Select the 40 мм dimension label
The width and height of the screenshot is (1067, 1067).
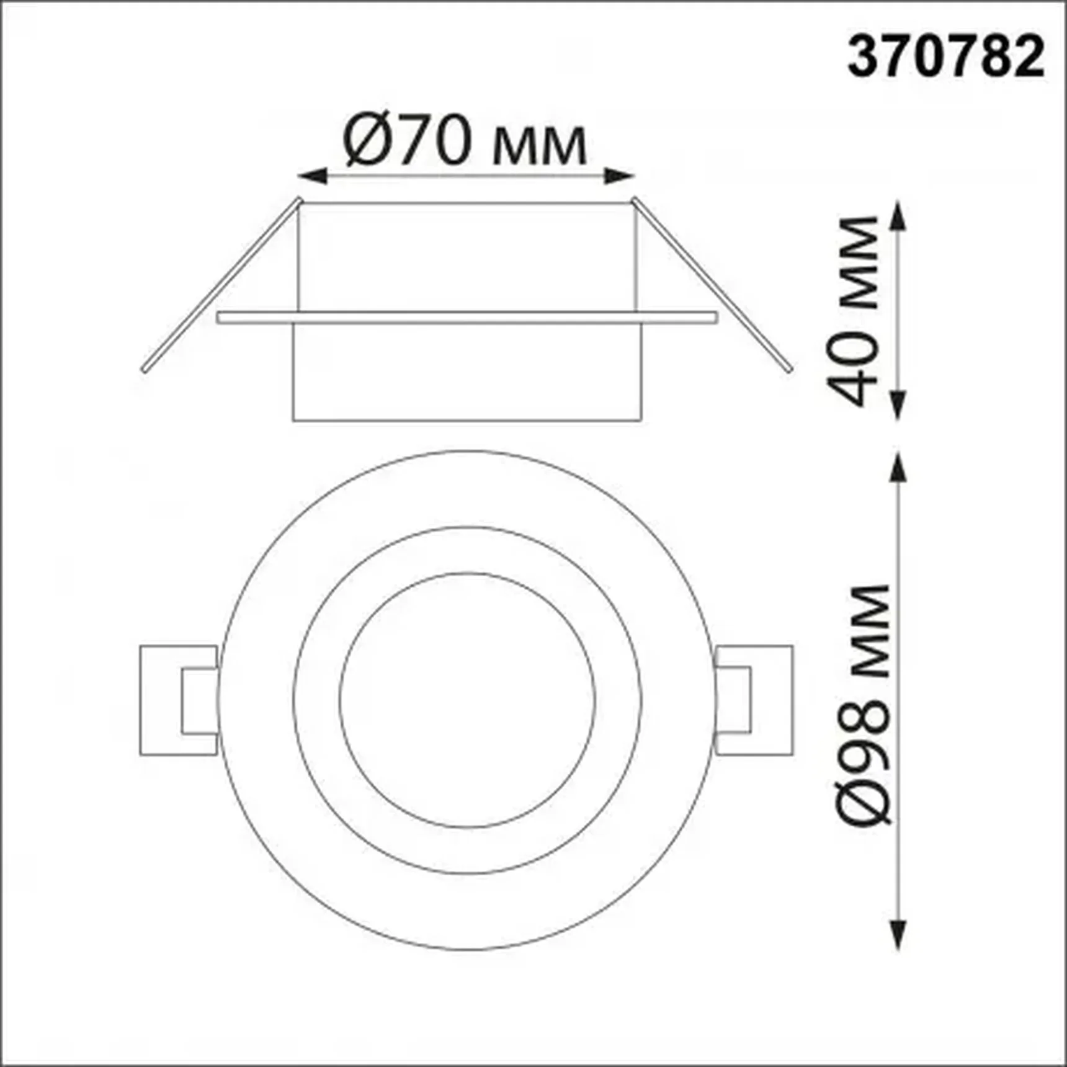(855, 310)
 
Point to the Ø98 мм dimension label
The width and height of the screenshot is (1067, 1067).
(865, 705)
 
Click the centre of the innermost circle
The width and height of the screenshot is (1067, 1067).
(467, 700)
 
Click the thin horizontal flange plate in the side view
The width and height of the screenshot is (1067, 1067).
(467, 318)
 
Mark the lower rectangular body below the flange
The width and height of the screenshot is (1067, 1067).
(467, 372)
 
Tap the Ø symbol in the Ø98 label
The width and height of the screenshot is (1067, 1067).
(866, 798)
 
